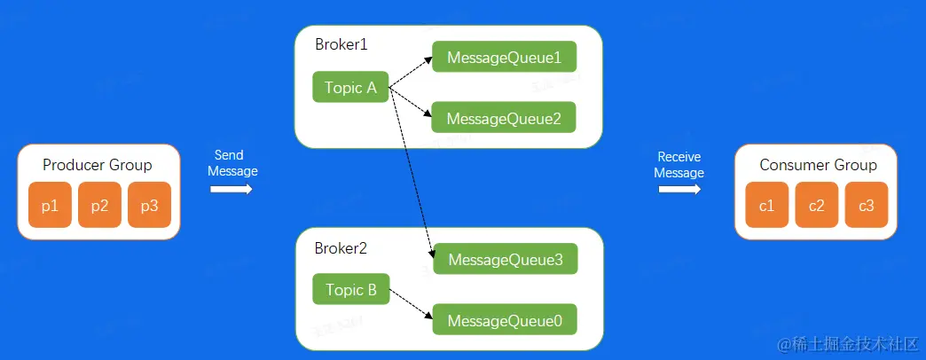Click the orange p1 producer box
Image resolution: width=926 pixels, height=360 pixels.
click(x=50, y=206)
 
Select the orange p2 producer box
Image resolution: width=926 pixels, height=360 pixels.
click(x=99, y=206)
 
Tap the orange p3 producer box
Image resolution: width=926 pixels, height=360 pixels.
click(x=149, y=206)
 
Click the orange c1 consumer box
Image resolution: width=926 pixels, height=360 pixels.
click(x=767, y=206)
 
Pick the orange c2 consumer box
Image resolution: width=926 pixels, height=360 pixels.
click(x=817, y=206)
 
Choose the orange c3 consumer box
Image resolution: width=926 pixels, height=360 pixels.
click(x=867, y=206)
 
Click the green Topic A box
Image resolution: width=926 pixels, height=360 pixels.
click(x=350, y=87)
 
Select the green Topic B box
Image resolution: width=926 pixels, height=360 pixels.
click(x=350, y=290)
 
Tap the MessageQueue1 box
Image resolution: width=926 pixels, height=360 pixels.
click(x=504, y=58)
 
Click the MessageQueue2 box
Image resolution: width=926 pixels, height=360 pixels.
click(x=504, y=118)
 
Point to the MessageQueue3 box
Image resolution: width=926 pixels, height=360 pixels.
click(x=505, y=260)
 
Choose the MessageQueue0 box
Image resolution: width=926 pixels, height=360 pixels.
click(x=505, y=320)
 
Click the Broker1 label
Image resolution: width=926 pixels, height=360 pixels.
click(x=340, y=44)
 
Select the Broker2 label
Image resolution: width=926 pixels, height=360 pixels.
click(x=340, y=247)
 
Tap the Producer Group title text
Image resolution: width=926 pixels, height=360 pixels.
click(x=98, y=165)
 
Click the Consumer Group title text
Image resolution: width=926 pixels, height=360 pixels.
click(x=818, y=165)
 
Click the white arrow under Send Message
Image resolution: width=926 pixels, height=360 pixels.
click(x=232, y=189)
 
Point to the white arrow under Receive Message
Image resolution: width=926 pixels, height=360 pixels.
click(x=679, y=189)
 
